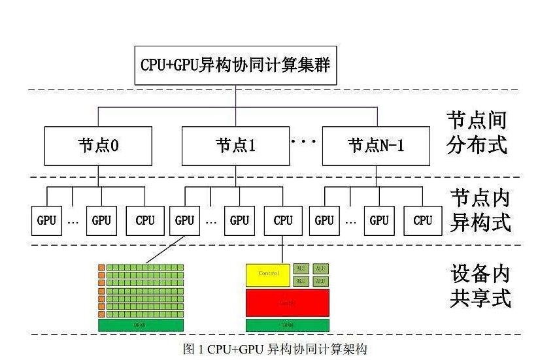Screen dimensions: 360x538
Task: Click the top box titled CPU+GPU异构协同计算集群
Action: coord(235,65)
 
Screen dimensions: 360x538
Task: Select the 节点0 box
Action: coord(98,145)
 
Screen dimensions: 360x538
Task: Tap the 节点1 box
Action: coord(235,145)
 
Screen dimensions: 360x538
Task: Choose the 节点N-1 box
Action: coord(377,145)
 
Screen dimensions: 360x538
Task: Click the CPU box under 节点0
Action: coord(145,221)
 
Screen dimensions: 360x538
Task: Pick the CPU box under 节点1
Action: coord(283,221)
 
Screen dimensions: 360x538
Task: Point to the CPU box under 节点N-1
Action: coord(422,221)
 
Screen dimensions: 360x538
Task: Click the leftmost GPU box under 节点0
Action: coord(46,221)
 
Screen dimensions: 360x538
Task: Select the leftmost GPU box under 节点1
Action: coord(185,221)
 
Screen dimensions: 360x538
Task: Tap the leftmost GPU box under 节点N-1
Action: coord(324,221)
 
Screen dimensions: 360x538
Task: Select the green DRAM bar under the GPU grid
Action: coord(141,325)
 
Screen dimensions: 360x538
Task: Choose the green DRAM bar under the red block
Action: coord(287,325)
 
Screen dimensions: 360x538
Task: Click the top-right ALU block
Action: coord(320,269)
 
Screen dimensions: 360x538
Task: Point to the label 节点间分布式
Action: coord(477,131)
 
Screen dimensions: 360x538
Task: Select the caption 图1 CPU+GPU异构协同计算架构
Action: coord(275,349)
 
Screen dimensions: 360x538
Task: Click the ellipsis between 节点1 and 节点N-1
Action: coord(303,141)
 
